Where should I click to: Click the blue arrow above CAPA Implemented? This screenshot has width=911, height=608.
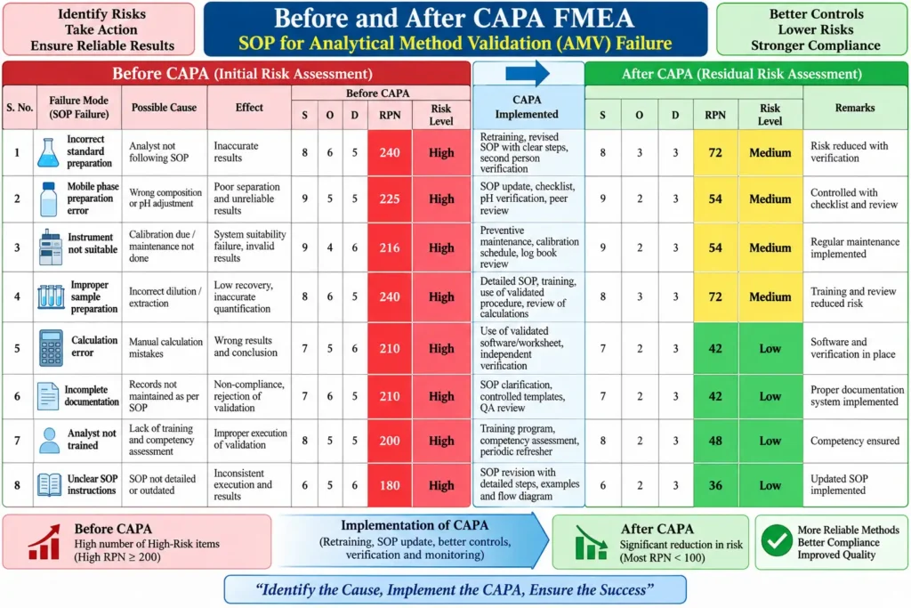coord(527,73)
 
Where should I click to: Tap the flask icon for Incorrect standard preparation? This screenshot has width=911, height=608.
coord(48,153)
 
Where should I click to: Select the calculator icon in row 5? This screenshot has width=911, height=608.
coord(51,348)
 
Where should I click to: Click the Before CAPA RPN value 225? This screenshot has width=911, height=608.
coord(390,199)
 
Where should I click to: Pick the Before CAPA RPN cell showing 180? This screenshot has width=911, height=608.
coord(390,485)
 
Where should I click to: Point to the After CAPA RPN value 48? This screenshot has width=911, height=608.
coord(715,441)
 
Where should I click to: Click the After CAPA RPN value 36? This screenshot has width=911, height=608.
coord(715,485)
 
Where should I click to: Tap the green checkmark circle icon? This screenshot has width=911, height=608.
coord(776,540)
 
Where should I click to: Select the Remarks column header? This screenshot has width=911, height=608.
coord(855,108)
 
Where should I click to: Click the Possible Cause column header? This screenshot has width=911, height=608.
coord(164,108)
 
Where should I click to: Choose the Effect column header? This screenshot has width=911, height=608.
coord(249,108)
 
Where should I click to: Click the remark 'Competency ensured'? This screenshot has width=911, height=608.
coord(855,441)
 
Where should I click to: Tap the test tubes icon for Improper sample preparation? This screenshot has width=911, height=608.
coord(51,296)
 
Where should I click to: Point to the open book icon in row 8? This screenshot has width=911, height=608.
coord(50,485)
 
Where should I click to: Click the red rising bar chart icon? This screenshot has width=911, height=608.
coord(44,542)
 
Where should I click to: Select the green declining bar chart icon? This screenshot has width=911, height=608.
coord(591,542)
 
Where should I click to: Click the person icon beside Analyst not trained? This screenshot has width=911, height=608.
coord(50,441)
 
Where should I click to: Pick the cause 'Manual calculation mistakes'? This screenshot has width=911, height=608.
coord(165,347)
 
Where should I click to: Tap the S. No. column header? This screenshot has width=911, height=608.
coord(20,108)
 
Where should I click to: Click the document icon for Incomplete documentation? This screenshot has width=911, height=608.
coord(48,396)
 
